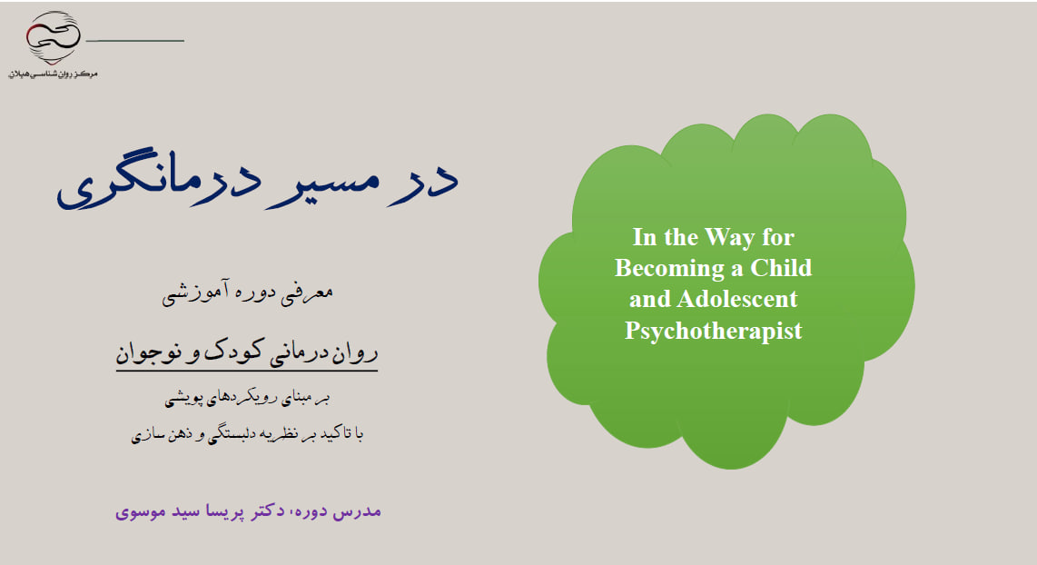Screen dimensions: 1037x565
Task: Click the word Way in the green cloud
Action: tap(730, 238)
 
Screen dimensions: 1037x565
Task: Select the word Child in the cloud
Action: tap(780, 267)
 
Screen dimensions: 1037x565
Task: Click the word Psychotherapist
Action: tap(713, 330)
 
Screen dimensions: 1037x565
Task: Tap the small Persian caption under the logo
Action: tap(53, 74)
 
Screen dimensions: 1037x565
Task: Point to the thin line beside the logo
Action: tap(135, 41)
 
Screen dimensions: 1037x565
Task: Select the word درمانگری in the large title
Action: tap(158, 180)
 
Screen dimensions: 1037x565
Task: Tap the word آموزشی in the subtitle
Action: tap(191, 292)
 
